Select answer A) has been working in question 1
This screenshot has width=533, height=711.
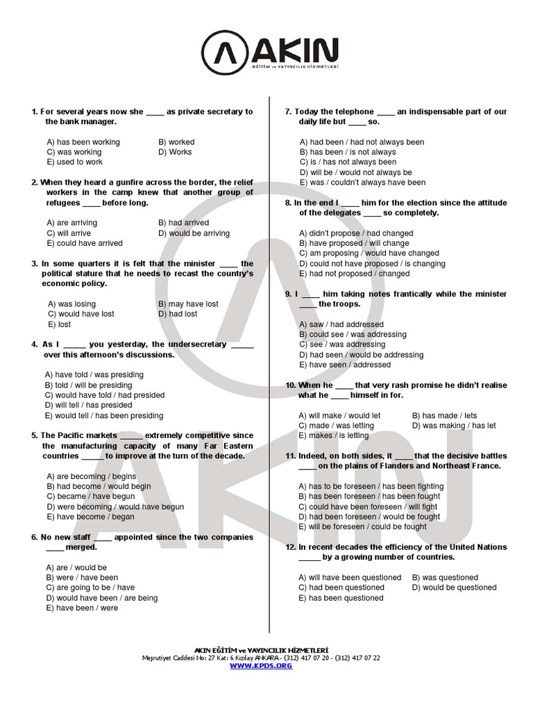(83, 142)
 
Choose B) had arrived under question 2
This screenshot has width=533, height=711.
(183, 223)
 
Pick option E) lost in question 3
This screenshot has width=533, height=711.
(60, 324)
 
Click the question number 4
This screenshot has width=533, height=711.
(34, 344)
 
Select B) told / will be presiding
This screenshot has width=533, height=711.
(88, 385)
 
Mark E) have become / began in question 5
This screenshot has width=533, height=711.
(90, 517)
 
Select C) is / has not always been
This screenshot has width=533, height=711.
(348, 162)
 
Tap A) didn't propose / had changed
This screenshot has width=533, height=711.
(356, 233)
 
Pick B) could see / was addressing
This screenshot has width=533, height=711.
(353, 335)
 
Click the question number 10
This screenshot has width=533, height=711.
(290, 385)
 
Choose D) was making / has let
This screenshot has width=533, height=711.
(454, 426)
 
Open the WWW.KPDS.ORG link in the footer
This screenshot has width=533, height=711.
(261, 665)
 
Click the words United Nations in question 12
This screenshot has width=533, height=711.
(480, 547)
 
